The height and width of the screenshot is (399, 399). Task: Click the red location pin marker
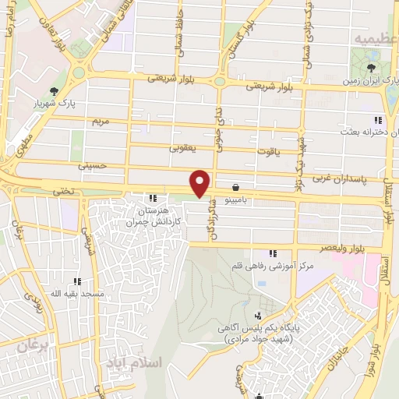point(200,182)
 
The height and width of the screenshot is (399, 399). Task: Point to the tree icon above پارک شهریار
point(53,90)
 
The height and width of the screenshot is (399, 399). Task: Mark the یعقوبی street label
point(185,147)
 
